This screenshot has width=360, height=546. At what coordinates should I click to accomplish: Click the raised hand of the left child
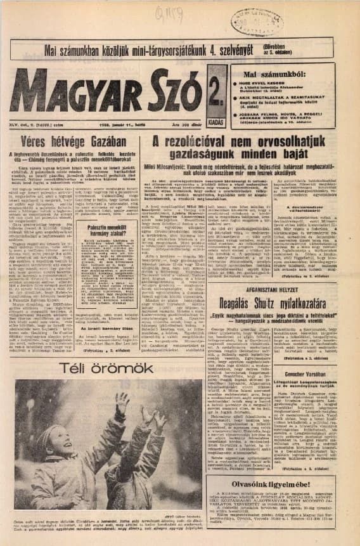[x=121, y=400]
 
